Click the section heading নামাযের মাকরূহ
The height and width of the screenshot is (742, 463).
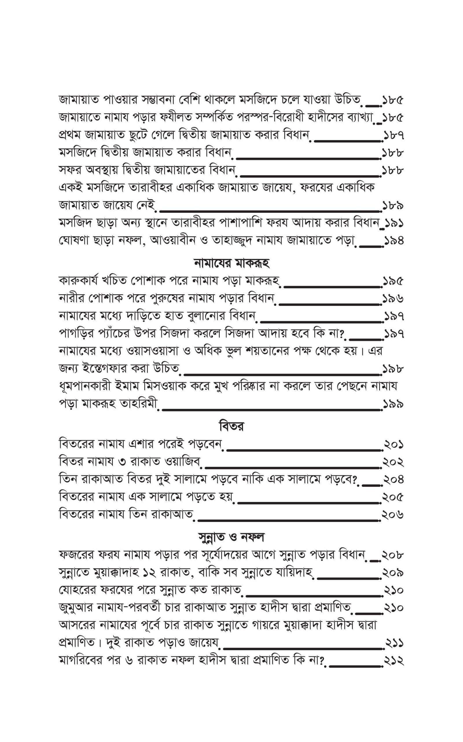click(x=231, y=263)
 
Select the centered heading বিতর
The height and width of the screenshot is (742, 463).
click(x=231, y=426)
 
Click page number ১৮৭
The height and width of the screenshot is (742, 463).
click(x=393, y=135)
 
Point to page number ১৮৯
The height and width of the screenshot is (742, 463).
click(x=393, y=205)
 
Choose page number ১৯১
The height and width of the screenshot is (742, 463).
click(x=394, y=223)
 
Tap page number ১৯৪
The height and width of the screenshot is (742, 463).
click(x=394, y=241)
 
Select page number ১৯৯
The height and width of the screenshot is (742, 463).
click(x=393, y=404)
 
